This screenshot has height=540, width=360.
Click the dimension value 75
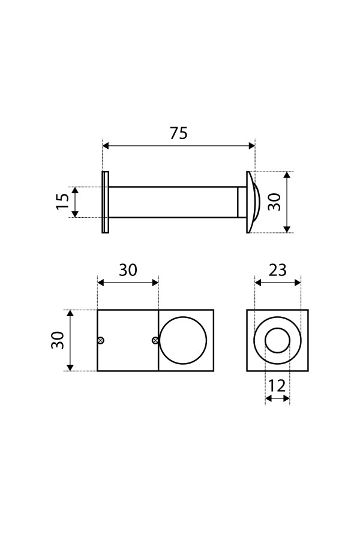click(x=178, y=133)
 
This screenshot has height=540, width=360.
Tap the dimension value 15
click(x=62, y=202)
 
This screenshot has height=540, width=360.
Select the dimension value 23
click(x=277, y=271)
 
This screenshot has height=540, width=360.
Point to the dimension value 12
click(x=277, y=386)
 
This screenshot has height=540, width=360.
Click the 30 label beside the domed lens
click(x=275, y=202)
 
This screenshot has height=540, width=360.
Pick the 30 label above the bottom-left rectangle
click(x=128, y=271)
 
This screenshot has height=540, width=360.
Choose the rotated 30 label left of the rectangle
click(x=58, y=340)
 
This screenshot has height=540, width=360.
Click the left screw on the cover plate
click(x=101, y=341)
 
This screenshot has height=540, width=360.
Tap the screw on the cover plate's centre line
click(x=155, y=341)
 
